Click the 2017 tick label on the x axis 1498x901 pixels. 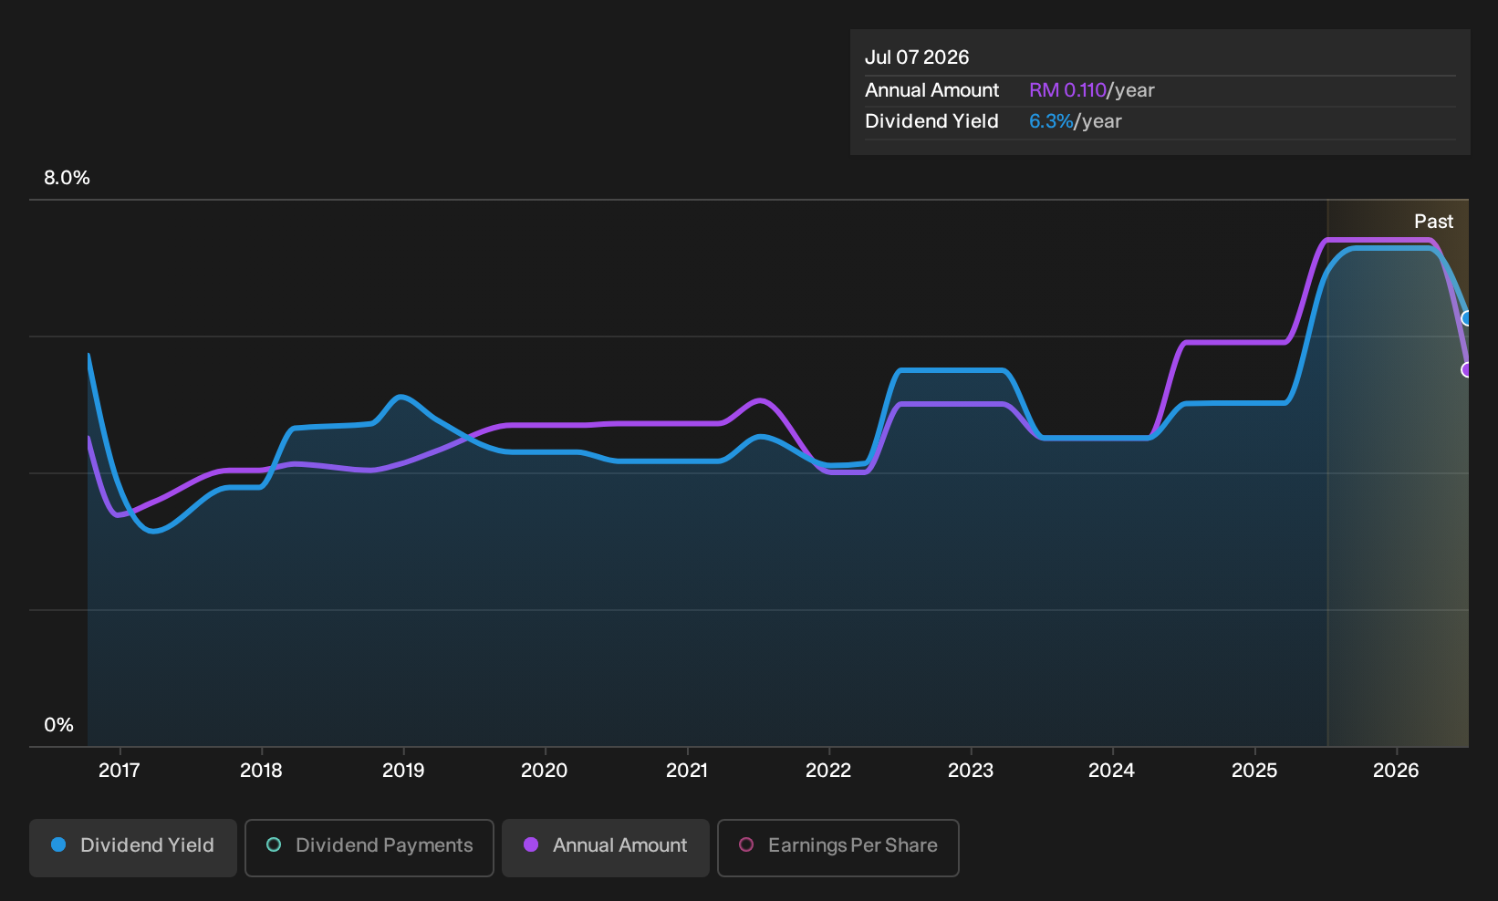click(x=119, y=771)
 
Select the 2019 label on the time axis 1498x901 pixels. click(x=403, y=771)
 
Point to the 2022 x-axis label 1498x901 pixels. click(x=827, y=771)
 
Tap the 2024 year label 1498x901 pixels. click(x=1111, y=771)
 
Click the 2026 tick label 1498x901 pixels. click(x=1396, y=771)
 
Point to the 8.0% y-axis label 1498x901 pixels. click(x=67, y=178)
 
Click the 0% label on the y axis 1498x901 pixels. click(x=59, y=725)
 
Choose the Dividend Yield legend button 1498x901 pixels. click(x=133, y=847)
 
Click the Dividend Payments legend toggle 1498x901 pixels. click(x=369, y=847)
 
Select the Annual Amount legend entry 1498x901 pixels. click(x=605, y=847)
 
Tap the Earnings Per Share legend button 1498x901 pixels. click(x=837, y=847)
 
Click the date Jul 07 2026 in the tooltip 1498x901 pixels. click(x=917, y=57)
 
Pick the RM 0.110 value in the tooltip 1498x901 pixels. click(x=1068, y=90)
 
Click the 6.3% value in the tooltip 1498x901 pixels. click(x=1051, y=121)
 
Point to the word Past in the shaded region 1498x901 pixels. click(x=1434, y=222)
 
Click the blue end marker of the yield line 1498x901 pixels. click(x=1465, y=318)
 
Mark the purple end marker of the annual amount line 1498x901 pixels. click(x=1465, y=369)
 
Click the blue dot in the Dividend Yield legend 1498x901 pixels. click(x=59, y=844)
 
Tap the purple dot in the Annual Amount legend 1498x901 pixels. click(x=531, y=844)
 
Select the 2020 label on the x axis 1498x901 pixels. click(x=545, y=771)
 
